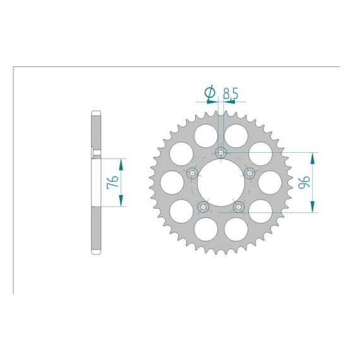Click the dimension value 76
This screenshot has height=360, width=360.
[112, 182]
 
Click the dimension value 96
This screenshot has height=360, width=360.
[304, 182]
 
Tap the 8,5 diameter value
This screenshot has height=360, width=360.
[231, 93]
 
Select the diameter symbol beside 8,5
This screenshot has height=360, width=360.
[210, 93]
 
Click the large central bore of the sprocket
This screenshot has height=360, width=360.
[221, 183]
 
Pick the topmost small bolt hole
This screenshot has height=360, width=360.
[221, 152]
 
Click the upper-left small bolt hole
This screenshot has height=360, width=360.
[192, 173]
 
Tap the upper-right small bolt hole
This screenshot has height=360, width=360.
[250, 173]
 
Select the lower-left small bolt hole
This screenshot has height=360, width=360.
[203, 207]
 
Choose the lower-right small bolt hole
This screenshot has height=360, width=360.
[239, 207]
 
